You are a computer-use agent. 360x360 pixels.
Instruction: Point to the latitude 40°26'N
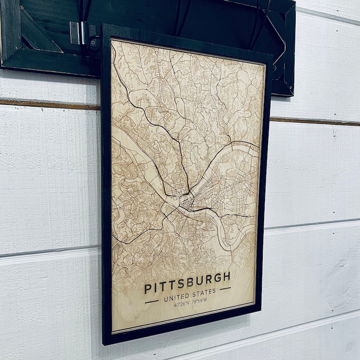pos(182,305)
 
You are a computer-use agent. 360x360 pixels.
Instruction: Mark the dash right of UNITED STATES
pos(225,288)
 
